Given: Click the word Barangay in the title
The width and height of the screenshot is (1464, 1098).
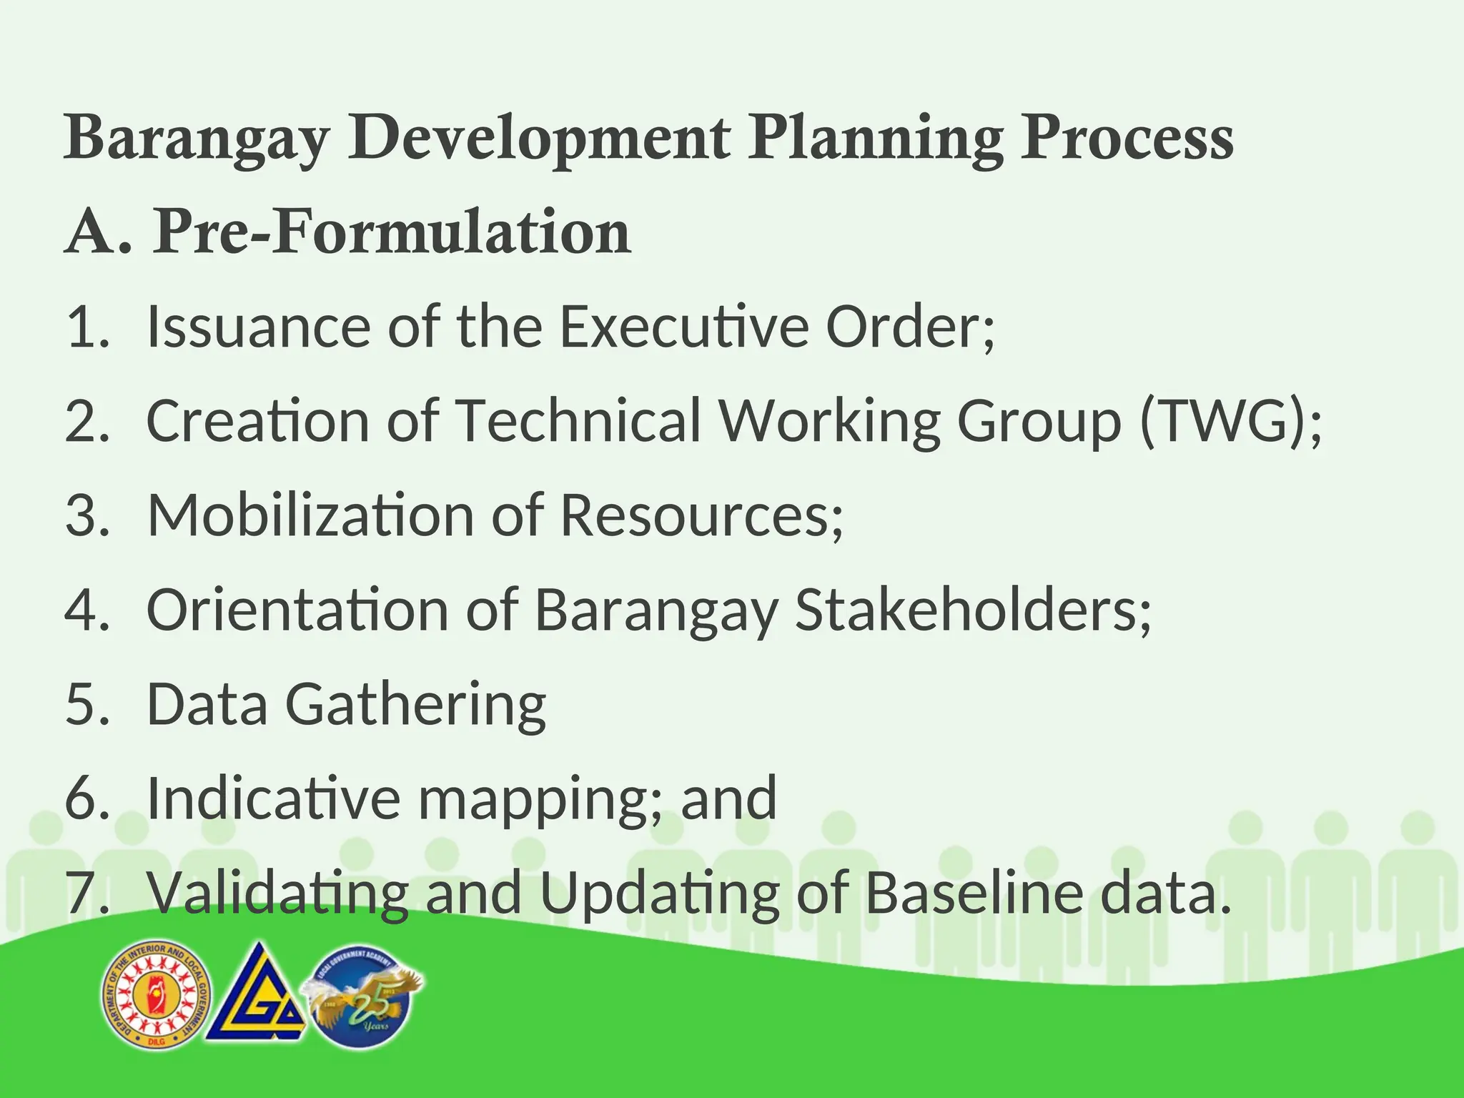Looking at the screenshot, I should click(197, 139).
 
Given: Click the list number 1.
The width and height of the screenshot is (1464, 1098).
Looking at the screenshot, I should click(86, 327).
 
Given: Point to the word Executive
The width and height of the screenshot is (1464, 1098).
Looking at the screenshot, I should click(683, 327).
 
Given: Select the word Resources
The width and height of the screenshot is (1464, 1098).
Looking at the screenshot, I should click(701, 515).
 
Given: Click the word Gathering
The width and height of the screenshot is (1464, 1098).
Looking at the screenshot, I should click(415, 706).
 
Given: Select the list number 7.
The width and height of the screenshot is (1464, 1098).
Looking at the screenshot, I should click(86, 893).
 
